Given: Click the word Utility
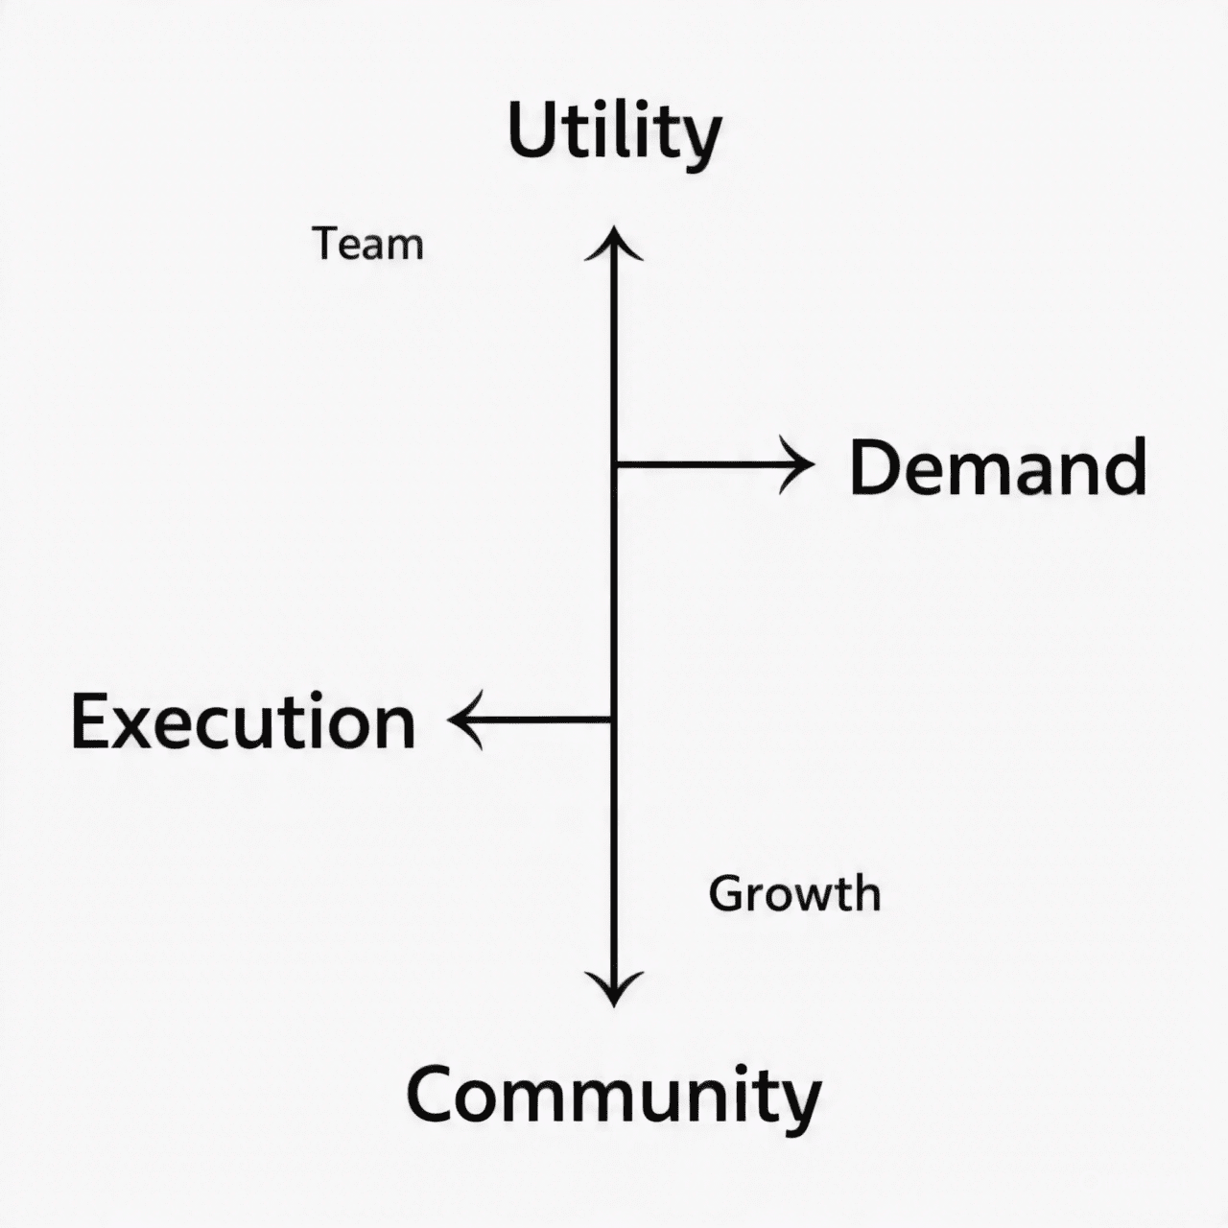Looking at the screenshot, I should [614, 131].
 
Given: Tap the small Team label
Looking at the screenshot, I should [367, 244].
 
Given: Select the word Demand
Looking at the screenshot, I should [998, 467].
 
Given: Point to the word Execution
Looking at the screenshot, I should [243, 721].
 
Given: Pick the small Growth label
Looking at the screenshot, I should [794, 894].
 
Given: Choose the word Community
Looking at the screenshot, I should [614, 1096].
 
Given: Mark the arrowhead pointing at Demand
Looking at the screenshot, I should [801, 464].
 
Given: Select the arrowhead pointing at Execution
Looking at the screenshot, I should [462, 719].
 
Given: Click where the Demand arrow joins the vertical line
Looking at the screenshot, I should [614, 464].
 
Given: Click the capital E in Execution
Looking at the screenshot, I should [90, 721].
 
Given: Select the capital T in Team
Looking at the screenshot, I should [324, 244].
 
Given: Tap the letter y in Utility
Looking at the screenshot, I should [702, 139].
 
